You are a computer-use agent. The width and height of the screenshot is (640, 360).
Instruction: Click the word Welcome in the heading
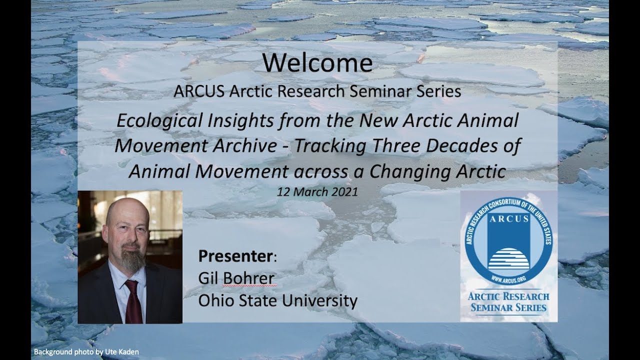coord(317,63)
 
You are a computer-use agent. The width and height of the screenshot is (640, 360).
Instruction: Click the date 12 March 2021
coord(317,192)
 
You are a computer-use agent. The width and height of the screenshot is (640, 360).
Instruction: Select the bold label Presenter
coord(235,256)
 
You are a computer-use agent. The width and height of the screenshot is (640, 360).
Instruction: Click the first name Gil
coord(209,278)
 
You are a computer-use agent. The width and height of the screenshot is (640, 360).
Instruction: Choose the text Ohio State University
coord(277,301)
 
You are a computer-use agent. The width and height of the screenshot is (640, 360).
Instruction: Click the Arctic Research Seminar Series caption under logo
coord(508,301)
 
